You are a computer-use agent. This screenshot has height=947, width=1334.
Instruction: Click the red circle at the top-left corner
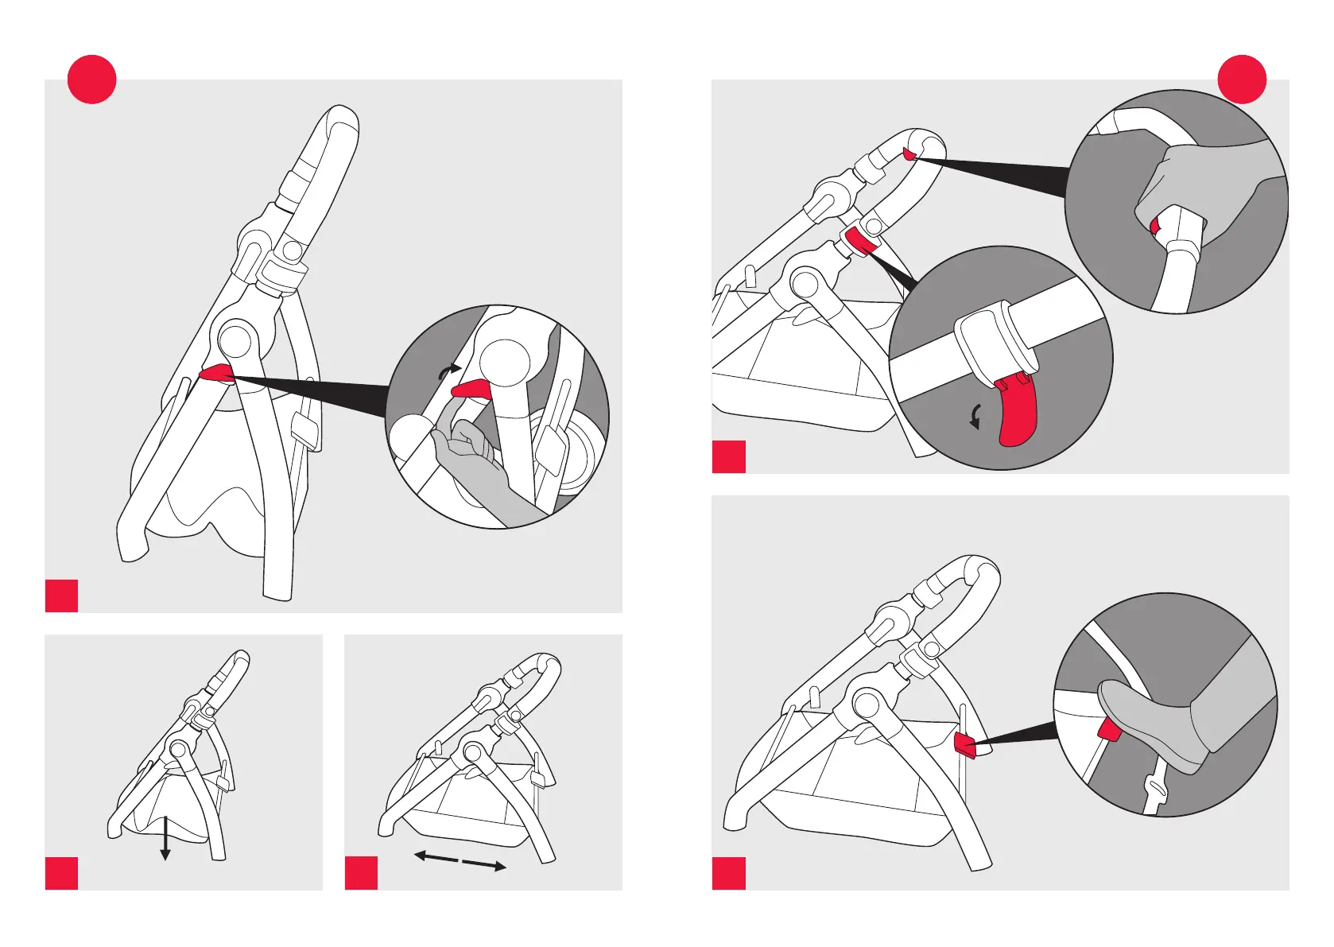click(x=92, y=80)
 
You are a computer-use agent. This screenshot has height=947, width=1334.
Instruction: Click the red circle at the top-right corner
click(x=1242, y=80)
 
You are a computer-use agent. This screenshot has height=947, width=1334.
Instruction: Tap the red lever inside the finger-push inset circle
click(x=471, y=388)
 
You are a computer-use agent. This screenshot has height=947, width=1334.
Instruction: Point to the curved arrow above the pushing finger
click(x=450, y=368)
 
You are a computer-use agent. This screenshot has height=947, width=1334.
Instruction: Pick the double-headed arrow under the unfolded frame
click(x=460, y=861)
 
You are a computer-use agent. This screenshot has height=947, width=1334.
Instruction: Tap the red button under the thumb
click(x=1155, y=227)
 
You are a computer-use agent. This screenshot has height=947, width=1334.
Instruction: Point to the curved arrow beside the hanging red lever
click(x=975, y=417)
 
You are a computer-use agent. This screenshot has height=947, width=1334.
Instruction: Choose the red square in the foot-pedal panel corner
click(x=729, y=873)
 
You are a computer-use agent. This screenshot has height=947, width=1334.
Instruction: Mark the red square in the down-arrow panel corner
click(x=62, y=873)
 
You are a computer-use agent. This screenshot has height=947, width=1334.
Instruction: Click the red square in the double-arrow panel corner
click(x=362, y=873)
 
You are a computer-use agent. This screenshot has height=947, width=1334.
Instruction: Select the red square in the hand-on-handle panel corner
click(x=729, y=456)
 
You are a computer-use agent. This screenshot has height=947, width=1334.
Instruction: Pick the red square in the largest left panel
click(x=62, y=596)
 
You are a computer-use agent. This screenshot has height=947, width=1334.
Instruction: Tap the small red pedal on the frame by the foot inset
click(x=964, y=746)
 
